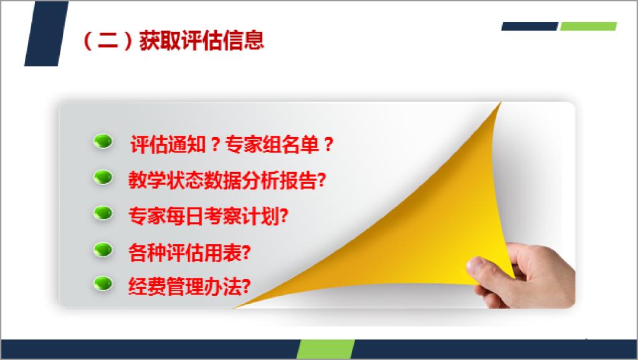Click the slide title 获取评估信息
pos(201,40)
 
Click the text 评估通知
pos(168,144)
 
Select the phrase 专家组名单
pos(272,144)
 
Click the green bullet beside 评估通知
pos(103,141)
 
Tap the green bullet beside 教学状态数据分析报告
pos(103,178)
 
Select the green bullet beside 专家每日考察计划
pos(103,213)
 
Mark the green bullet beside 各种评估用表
pos(103,250)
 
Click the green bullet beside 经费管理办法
pos(103,283)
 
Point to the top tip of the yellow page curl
pos(500,103)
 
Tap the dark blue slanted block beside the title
pos(46,34)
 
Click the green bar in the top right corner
pos(588,26)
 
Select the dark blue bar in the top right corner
pos(530,26)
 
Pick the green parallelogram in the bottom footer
pos(325,349)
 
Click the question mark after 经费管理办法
pos(245,287)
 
